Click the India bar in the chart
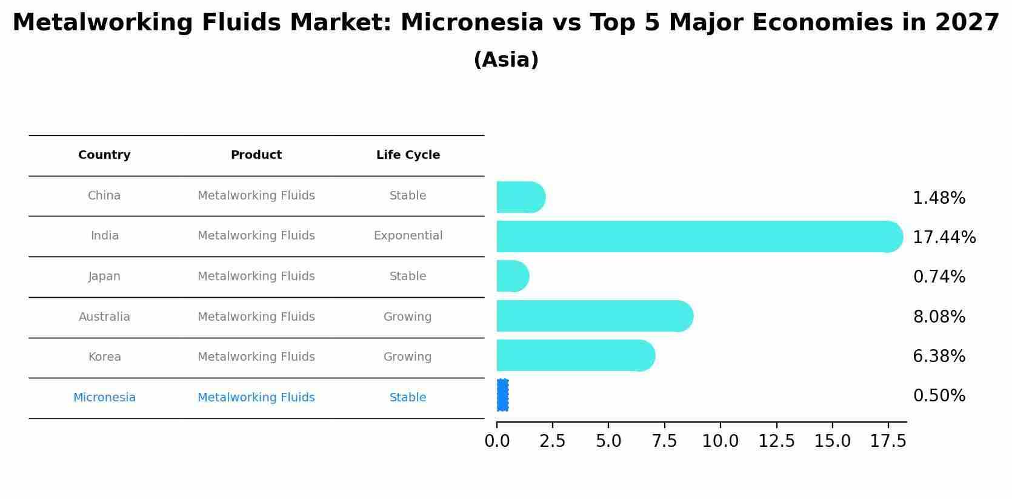point(700,236)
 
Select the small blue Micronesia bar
point(503,395)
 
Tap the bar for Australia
point(595,316)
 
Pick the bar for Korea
point(576,355)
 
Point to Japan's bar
point(513,276)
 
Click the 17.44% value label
point(944,237)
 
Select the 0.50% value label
point(939,396)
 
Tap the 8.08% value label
point(939,317)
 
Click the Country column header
point(104,155)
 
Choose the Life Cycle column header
point(408,155)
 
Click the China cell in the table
point(104,196)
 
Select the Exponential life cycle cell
point(408,236)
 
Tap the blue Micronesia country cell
point(104,397)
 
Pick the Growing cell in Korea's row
point(407,357)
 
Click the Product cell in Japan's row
point(256,276)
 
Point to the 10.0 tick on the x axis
point(720,441)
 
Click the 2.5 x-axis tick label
point(553,441)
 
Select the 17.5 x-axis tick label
point(888,441)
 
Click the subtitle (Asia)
point(506,60)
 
